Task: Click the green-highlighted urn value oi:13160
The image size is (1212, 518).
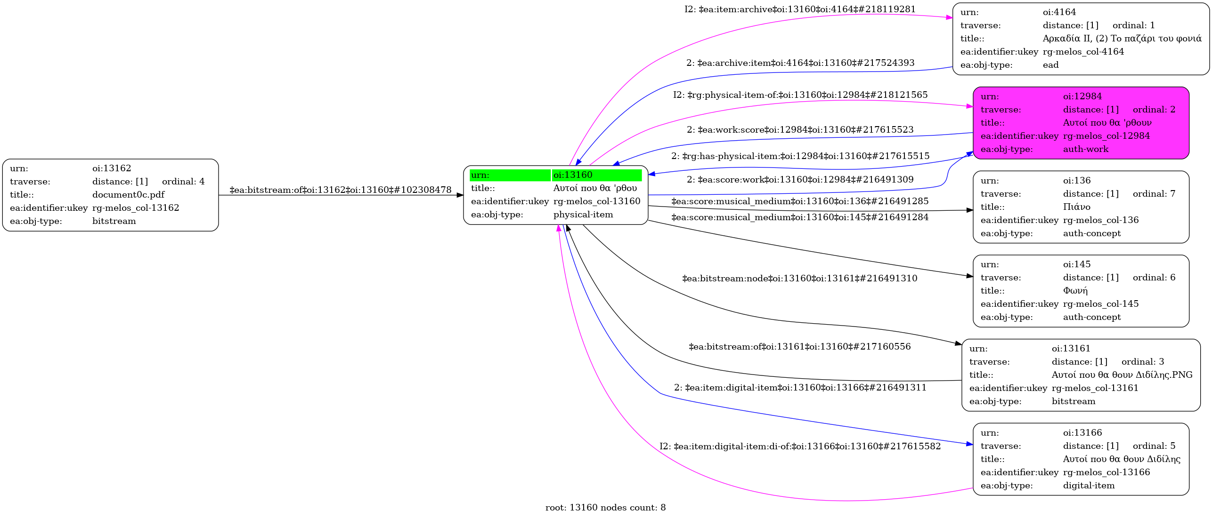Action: (x=573, y=175)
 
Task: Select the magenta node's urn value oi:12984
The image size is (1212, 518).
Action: (x=1082, y=96)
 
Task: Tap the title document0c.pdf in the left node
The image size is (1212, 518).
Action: (x=129, y=195)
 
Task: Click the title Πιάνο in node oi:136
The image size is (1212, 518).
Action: (x=1077, y=207)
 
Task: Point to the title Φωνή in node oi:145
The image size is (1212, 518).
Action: (x=1075, y=291)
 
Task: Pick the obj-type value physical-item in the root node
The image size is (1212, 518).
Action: (x=583, y=215)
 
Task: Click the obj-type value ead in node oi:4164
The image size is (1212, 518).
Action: (x=1051, y=65)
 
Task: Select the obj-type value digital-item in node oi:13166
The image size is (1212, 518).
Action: (x=1089, y=486)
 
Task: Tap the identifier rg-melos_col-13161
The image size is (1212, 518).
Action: (x=1095, y=388)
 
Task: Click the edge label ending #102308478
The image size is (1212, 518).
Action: (x=341, y=190)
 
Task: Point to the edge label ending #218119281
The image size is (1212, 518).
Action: (x=800, y=9)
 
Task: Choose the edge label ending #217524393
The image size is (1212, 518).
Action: (x=800, y=63)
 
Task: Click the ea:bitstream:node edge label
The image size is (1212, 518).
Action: (x=800, y=279)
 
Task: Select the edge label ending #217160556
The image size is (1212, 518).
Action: (x=800, y=347)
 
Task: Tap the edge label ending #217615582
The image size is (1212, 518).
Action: (x=800, y=446)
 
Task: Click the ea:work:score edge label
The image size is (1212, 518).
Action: (x=800, y=130)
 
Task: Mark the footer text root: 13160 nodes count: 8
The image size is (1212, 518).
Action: (x=606, y=508)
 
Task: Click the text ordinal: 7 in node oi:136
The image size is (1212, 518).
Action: (x=1154, y=194)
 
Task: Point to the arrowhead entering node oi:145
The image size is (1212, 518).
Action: (x=970, y=276)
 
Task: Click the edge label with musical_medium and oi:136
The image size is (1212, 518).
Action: (x=800, y=201)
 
